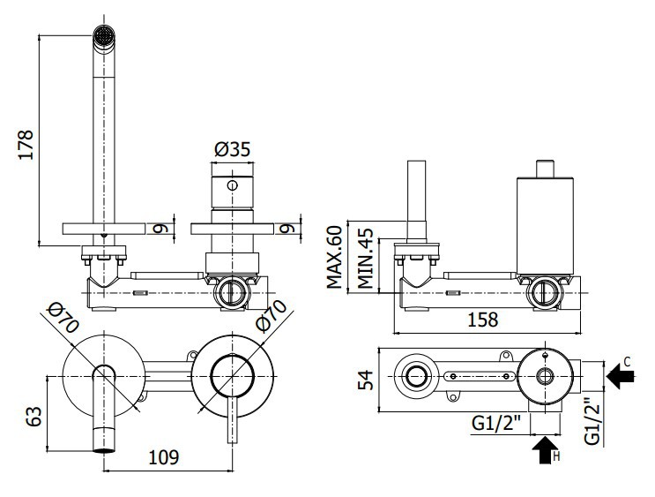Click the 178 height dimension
(x=26, y=144)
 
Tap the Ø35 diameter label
(x=232, y=149)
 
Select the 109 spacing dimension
(x=164, y=457)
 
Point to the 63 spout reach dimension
(x=34, y=416)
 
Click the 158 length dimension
(x=482, y=320)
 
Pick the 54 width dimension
(x=366, y=380)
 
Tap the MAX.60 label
(x=334, y=257)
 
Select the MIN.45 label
(x=365, y=258)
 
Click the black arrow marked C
(x=621, y=377)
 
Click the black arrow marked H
(x=546, y=450)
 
